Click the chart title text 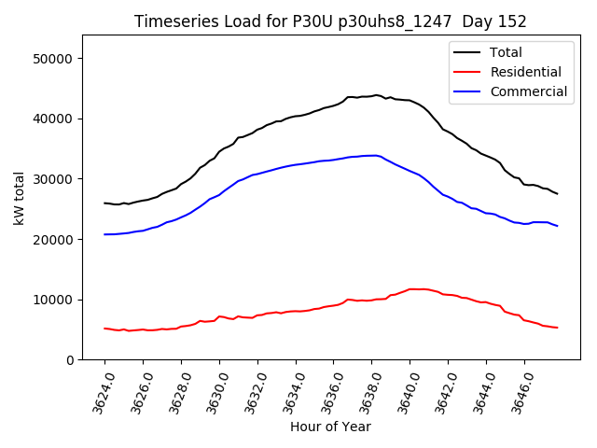point(330,21)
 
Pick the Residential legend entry point(525,72)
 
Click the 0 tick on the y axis point(69,360)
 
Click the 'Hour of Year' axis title point(330,427)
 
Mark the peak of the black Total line point(376,95)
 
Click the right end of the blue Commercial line point(557,226)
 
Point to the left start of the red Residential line point(104,329)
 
